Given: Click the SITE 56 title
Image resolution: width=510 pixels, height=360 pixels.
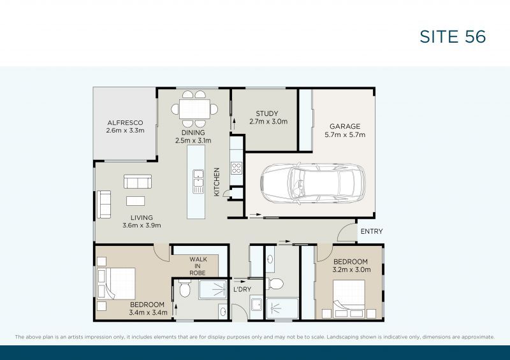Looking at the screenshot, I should click(x=453, y=36).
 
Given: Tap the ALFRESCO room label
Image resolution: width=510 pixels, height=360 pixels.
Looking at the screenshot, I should click(x=125, y=126).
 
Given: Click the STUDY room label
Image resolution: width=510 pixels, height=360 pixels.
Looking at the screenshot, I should click(x=267, y=117).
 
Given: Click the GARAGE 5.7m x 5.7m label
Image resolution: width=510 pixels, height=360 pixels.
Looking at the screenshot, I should click(x=344, y=130).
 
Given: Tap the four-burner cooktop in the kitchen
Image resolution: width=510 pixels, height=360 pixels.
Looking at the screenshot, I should click(x=236, y=169).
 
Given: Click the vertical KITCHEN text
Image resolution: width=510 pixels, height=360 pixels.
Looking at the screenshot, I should click(x=217, y=182).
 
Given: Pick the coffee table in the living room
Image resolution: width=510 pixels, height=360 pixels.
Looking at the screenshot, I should click(x=135, y=201).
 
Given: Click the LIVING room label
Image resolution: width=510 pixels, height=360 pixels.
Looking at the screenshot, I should click(x=142, y=221).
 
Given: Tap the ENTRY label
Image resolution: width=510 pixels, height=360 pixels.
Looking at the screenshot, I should click(x=371, y=231).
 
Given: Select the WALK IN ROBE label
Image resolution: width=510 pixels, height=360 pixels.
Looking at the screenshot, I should click(x=198, y=266).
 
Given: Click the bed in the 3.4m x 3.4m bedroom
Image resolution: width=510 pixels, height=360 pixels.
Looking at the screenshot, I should click(x=117, y=284).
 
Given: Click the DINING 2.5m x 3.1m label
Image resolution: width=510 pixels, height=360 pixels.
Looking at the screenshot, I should click(x=193, y=136).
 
